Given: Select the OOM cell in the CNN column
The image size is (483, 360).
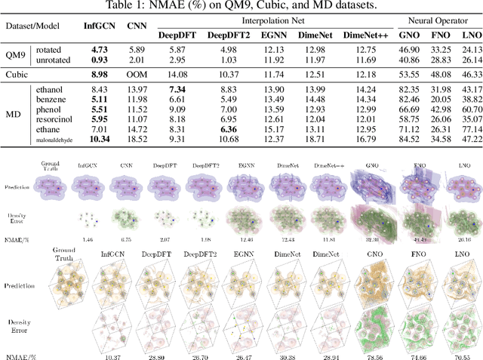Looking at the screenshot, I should [x=136, y=74].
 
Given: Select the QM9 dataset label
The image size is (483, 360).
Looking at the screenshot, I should [x=16, y=54].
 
